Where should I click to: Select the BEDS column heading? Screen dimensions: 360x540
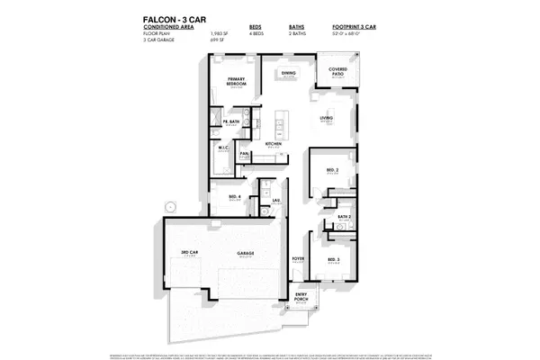click(x=256, y=27)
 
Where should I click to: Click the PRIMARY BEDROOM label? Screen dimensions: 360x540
click(x=237, y=81)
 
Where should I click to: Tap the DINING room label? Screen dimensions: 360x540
click(x=289, y=74)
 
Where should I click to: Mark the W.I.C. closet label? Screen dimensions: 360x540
click(x=225, y=149)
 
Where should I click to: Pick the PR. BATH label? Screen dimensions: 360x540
click(x=230, y=121)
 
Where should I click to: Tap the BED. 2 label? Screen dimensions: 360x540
click(x=333, y=169)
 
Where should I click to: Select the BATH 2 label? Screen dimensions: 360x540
click(x=344, y=217)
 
